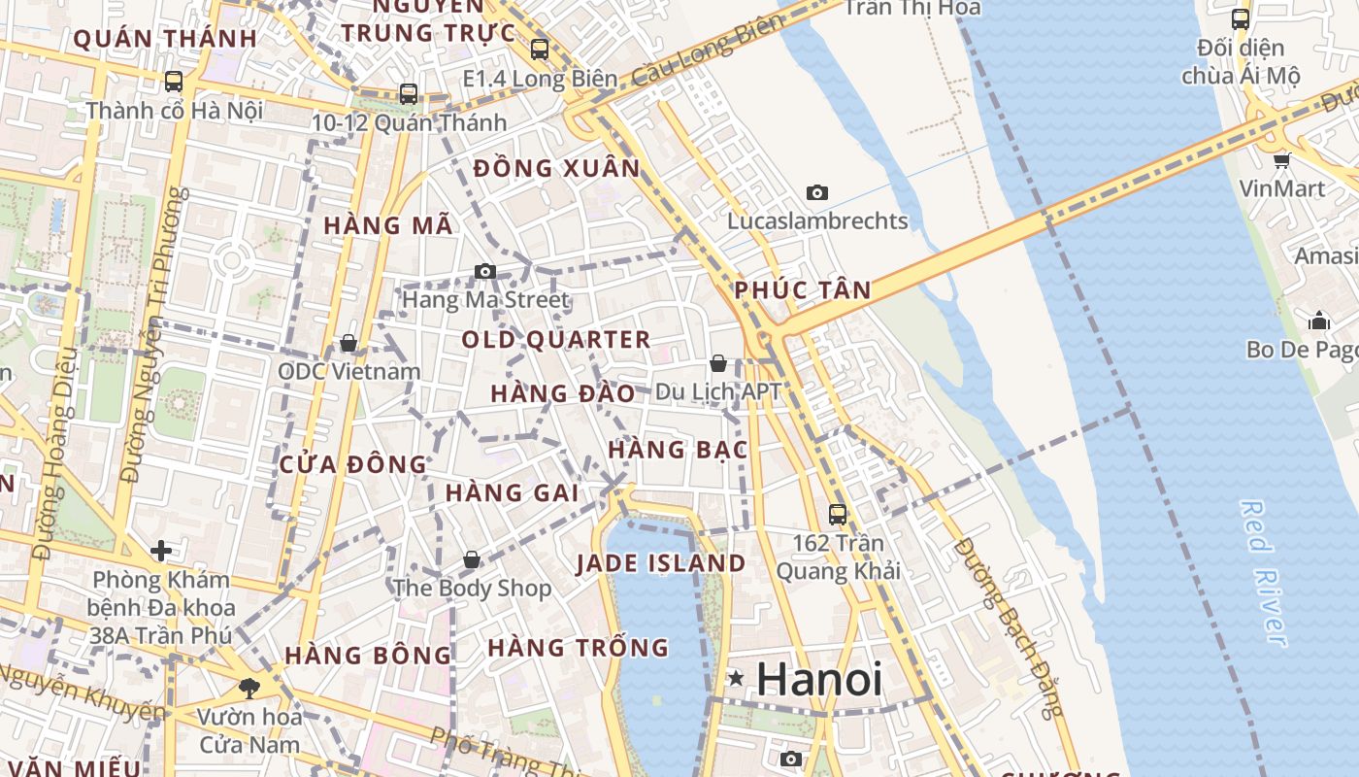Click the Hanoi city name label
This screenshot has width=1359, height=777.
pos(819,679)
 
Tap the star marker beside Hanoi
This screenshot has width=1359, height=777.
pos(737,679)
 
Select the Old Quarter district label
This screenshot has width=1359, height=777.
pos(555,340)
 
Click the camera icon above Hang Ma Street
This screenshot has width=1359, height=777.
pos(485,271)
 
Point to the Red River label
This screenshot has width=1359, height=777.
pos(1265,573)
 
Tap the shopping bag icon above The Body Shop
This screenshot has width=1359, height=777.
pos(471,559)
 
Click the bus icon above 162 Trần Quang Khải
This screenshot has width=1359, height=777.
pos(837,515)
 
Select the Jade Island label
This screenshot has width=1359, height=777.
pos(661,563)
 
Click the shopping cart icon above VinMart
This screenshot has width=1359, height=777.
pos(1282,160)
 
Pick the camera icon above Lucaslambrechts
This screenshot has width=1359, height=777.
pos(817,192)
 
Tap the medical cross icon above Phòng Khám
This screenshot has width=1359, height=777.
pos(161,552)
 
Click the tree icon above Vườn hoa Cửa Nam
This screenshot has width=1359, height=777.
pos(249,689)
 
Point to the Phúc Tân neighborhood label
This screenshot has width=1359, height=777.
pos(802,289)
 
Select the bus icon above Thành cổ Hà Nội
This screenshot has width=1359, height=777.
pos(174,82)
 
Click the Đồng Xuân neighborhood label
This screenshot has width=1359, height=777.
pos(557,169)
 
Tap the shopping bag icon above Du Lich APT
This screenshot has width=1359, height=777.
pos(718,363)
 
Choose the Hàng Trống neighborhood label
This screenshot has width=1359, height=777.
pos(579,647)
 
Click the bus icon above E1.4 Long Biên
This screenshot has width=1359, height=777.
pos(540,49)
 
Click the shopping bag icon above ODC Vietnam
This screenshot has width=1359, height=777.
pos(348,343)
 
